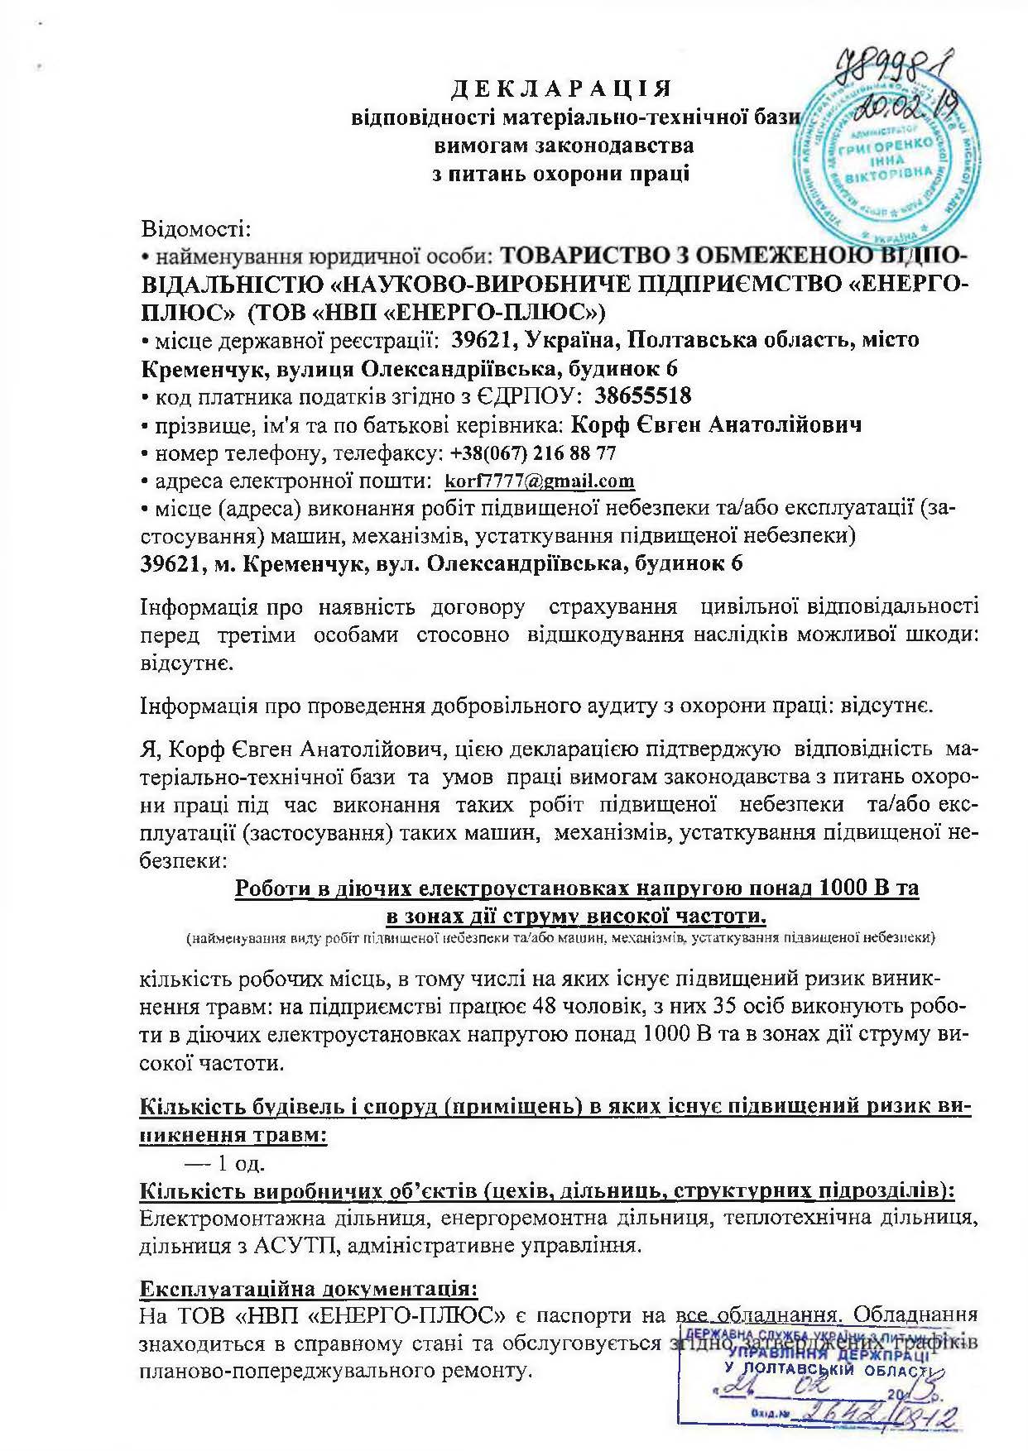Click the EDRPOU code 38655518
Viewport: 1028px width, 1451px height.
pos(643,396)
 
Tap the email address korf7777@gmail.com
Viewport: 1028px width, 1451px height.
pos(540,481)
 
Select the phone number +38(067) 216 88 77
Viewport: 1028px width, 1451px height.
pos(533,453)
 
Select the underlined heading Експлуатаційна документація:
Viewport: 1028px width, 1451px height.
pos(309,1289)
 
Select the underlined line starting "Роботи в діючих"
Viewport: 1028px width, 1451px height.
pos(577,888)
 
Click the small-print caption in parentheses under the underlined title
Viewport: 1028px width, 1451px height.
pos(560,939)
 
